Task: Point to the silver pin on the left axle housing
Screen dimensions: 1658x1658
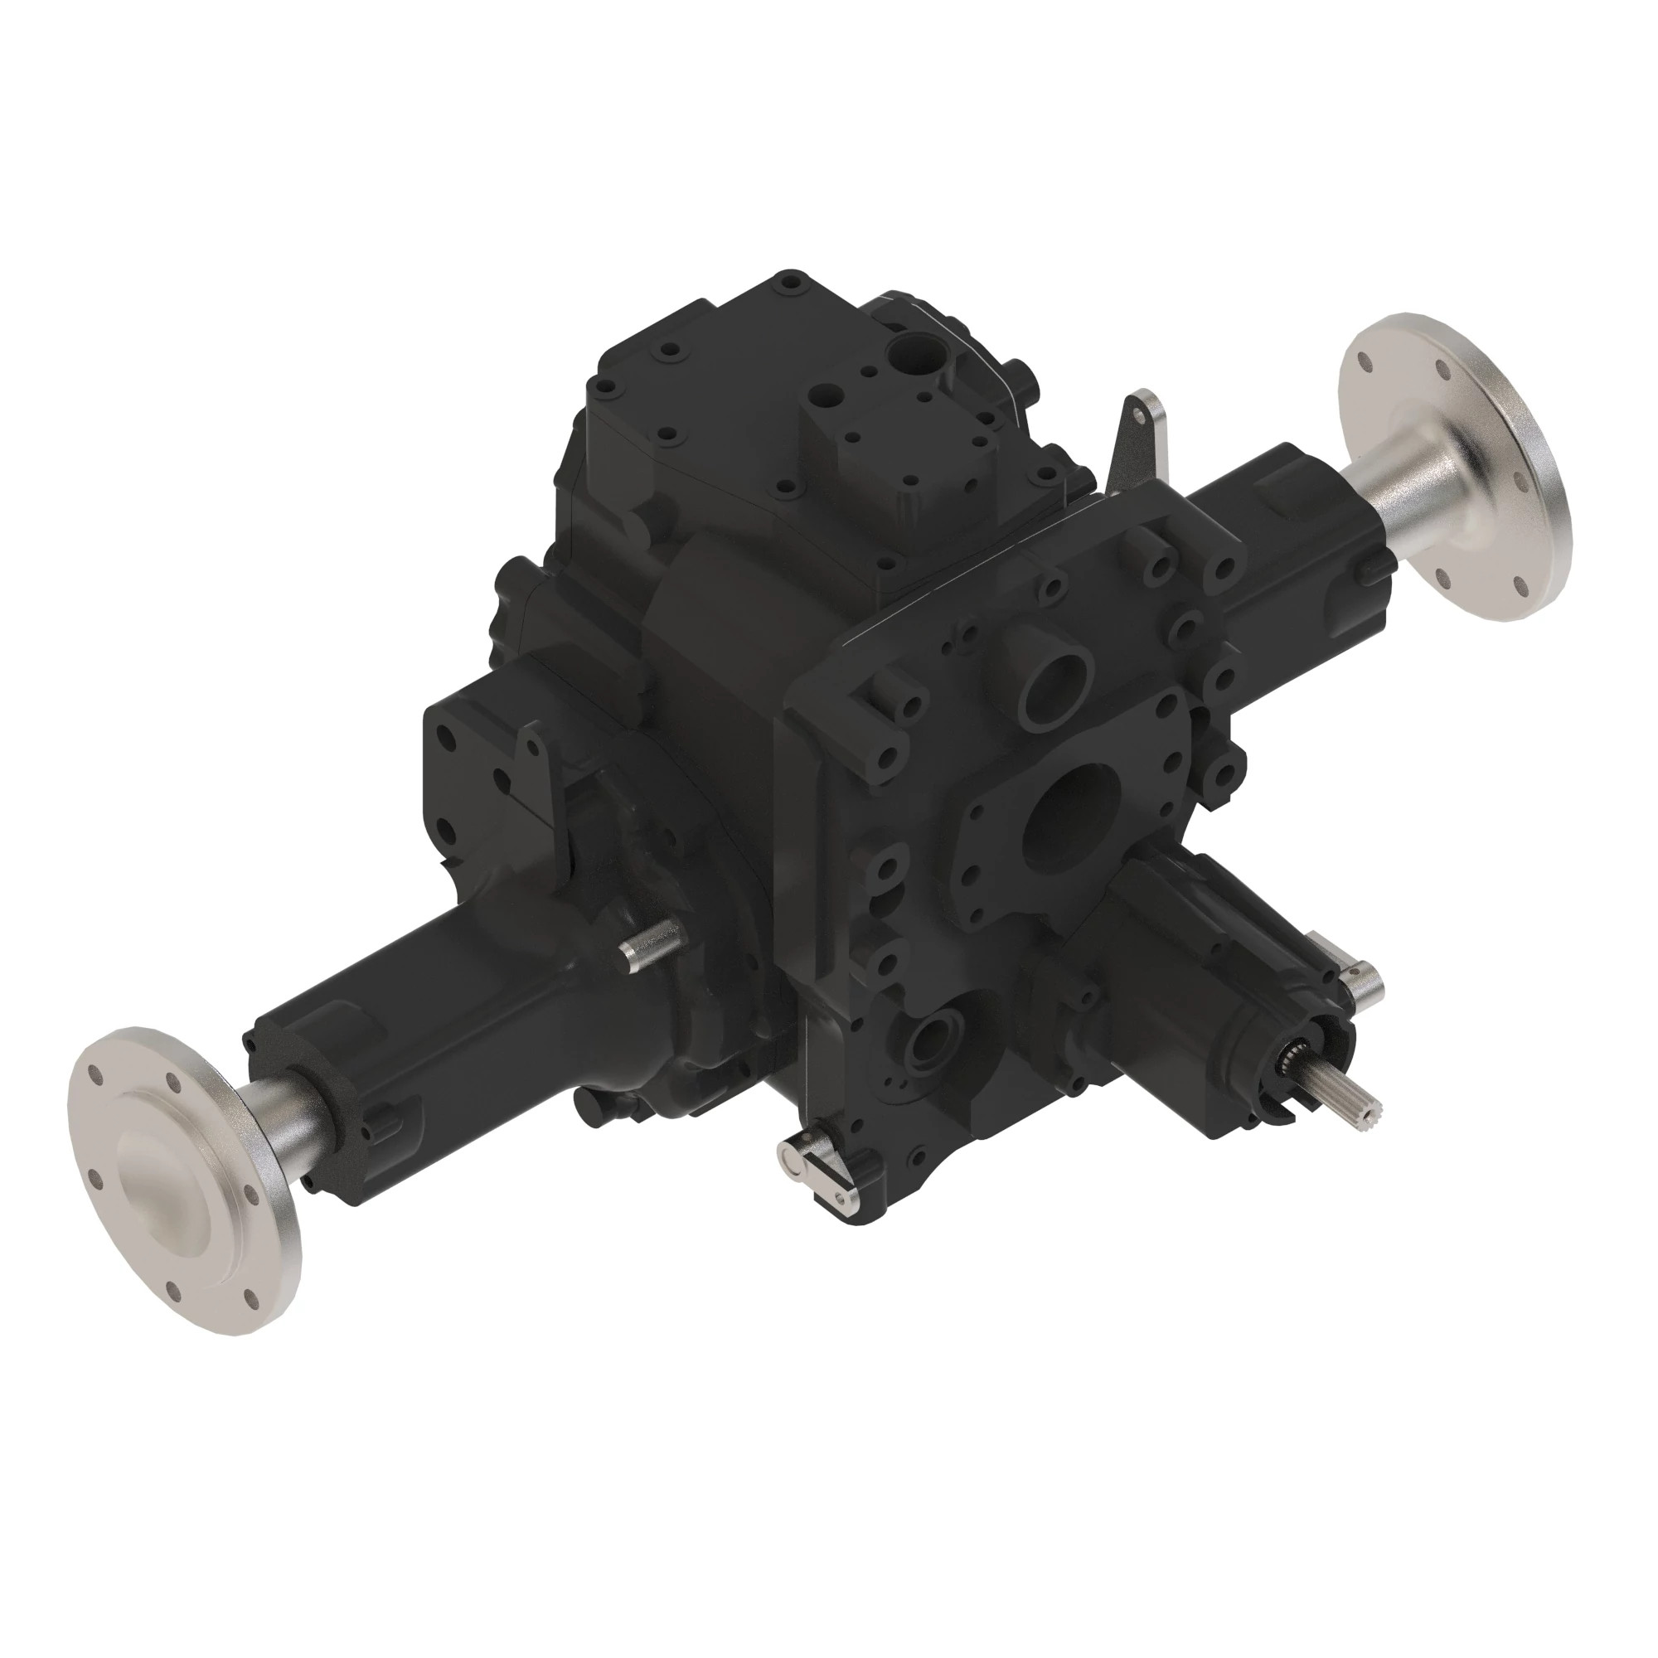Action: point(649,948)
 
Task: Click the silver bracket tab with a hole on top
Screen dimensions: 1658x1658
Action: point(1142,438)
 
